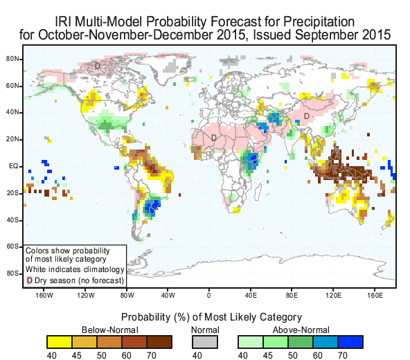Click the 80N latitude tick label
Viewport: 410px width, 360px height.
coord(12,59)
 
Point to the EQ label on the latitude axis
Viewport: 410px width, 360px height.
coord(14,166)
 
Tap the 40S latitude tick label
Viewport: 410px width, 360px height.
coord(12,220)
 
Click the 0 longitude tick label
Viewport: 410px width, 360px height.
coord(208,295)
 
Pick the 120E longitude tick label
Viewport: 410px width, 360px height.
coord(333,295)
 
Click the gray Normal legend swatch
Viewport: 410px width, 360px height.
coord(205,342)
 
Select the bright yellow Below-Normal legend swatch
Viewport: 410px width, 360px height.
coord(60,342)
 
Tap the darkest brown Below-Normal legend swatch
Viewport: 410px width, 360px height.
coord(159,342)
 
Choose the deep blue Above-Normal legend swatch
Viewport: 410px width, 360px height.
coord(350,342)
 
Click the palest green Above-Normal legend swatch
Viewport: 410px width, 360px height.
coord(251,342)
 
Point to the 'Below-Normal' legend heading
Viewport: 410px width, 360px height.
coord(110,330)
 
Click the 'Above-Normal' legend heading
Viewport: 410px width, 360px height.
coord(301,330)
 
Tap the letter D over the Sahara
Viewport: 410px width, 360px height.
coord(213,138)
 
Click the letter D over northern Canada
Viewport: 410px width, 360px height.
coord(98,65)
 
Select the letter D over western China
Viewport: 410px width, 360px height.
coord(306,116)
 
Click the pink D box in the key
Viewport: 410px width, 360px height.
coord(30,280)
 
